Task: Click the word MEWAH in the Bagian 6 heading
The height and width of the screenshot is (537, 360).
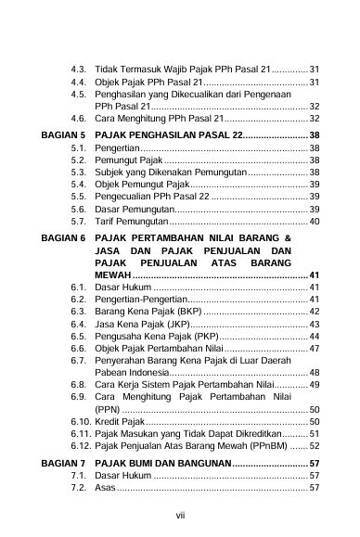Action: [x=113, y=275]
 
